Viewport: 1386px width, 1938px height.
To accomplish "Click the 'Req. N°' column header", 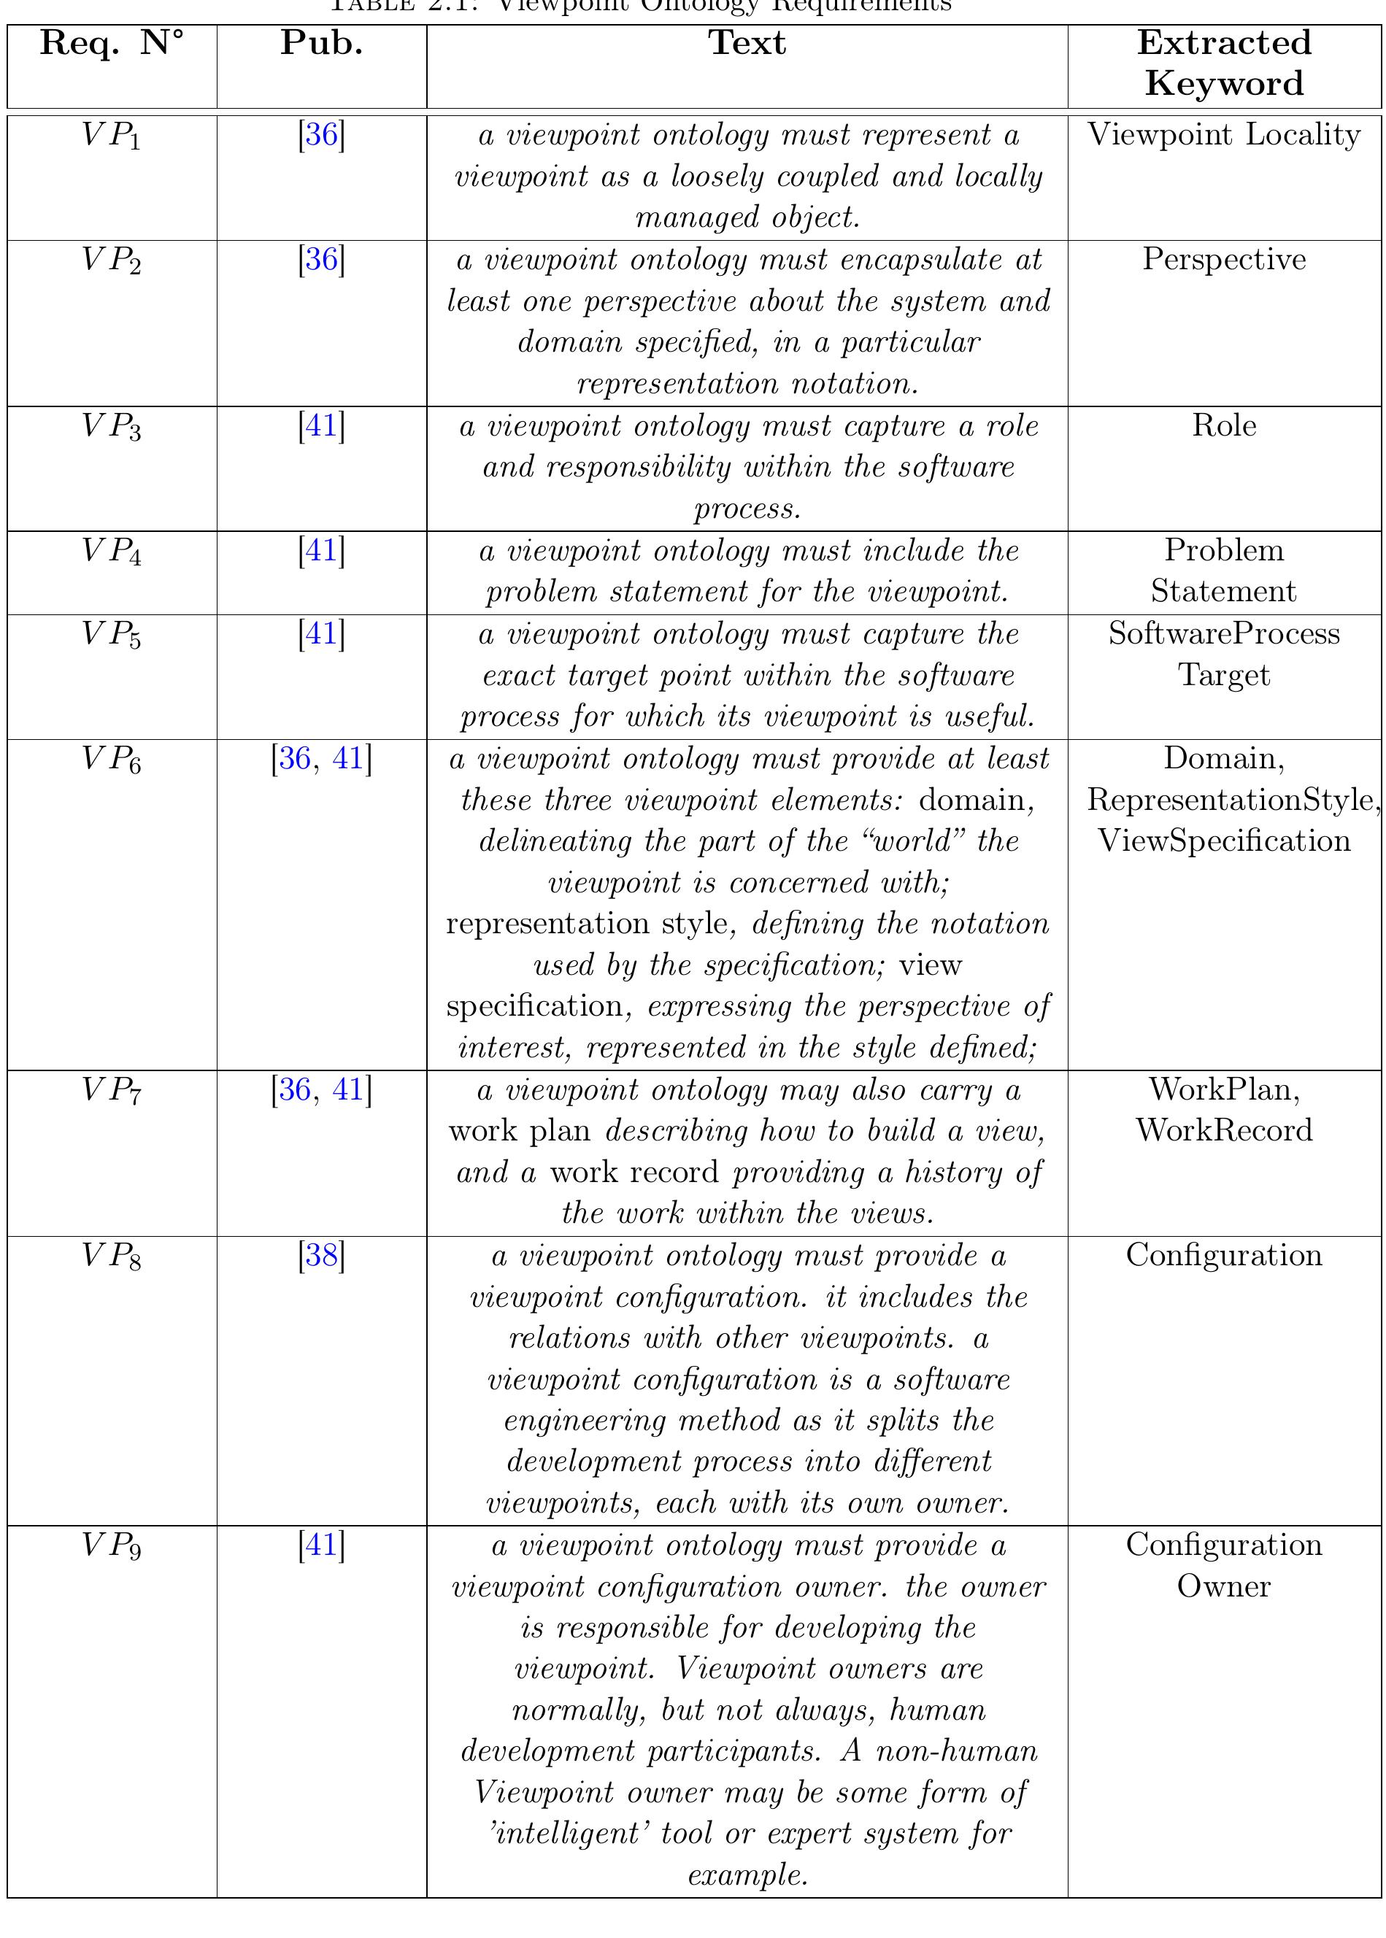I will click(112, 42).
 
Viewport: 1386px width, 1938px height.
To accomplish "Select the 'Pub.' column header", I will click(322, 42).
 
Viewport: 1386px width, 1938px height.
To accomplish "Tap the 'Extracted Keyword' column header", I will click(1224, 63).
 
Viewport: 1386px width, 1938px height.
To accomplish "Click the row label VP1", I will click(112, 136).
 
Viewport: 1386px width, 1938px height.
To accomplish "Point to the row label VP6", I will click(112, 759).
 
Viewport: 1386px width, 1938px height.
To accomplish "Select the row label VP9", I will click(112, 1545).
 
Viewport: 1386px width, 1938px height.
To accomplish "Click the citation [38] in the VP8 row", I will click(322, 1255).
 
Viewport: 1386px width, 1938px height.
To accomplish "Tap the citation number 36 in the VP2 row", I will click(322, 259).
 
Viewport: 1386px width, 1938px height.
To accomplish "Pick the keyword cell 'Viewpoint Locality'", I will click(1224, 135).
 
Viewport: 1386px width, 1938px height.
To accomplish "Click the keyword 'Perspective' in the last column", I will click(1224, 259).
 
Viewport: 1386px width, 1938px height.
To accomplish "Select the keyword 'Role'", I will click(1224, 425).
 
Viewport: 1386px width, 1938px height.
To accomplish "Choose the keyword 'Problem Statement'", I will click(1224, 571).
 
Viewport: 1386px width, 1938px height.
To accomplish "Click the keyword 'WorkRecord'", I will click(1224, 1130).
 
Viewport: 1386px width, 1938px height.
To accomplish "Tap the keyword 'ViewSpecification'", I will click(1224, 841).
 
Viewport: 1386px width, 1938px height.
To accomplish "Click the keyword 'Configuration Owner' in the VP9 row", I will click(1224, 1565).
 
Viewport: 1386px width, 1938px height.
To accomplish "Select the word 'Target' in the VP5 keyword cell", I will click(1224, 676).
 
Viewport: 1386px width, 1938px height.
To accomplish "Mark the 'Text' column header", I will click(747, 42).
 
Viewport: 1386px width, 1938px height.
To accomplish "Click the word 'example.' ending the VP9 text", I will click(747, 1875).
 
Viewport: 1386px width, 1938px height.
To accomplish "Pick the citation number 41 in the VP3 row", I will click(322, 425).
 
